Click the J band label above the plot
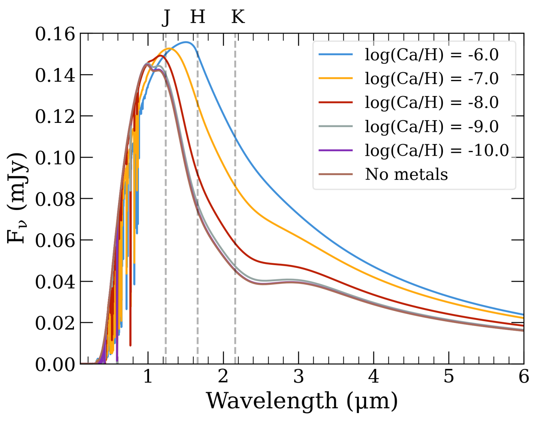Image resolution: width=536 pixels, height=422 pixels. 166,17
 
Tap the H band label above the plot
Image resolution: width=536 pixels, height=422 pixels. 198,17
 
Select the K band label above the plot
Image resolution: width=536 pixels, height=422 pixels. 238,17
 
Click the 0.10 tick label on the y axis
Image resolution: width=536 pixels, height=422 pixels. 55,158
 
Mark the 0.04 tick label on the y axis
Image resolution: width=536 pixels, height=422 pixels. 55,282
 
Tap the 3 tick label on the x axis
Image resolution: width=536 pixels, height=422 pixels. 298,376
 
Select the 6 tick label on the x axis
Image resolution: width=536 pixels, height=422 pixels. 524,376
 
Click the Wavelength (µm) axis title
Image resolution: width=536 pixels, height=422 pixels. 302,401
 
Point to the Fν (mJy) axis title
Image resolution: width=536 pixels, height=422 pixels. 17,198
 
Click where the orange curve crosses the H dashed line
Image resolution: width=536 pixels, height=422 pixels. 198,106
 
